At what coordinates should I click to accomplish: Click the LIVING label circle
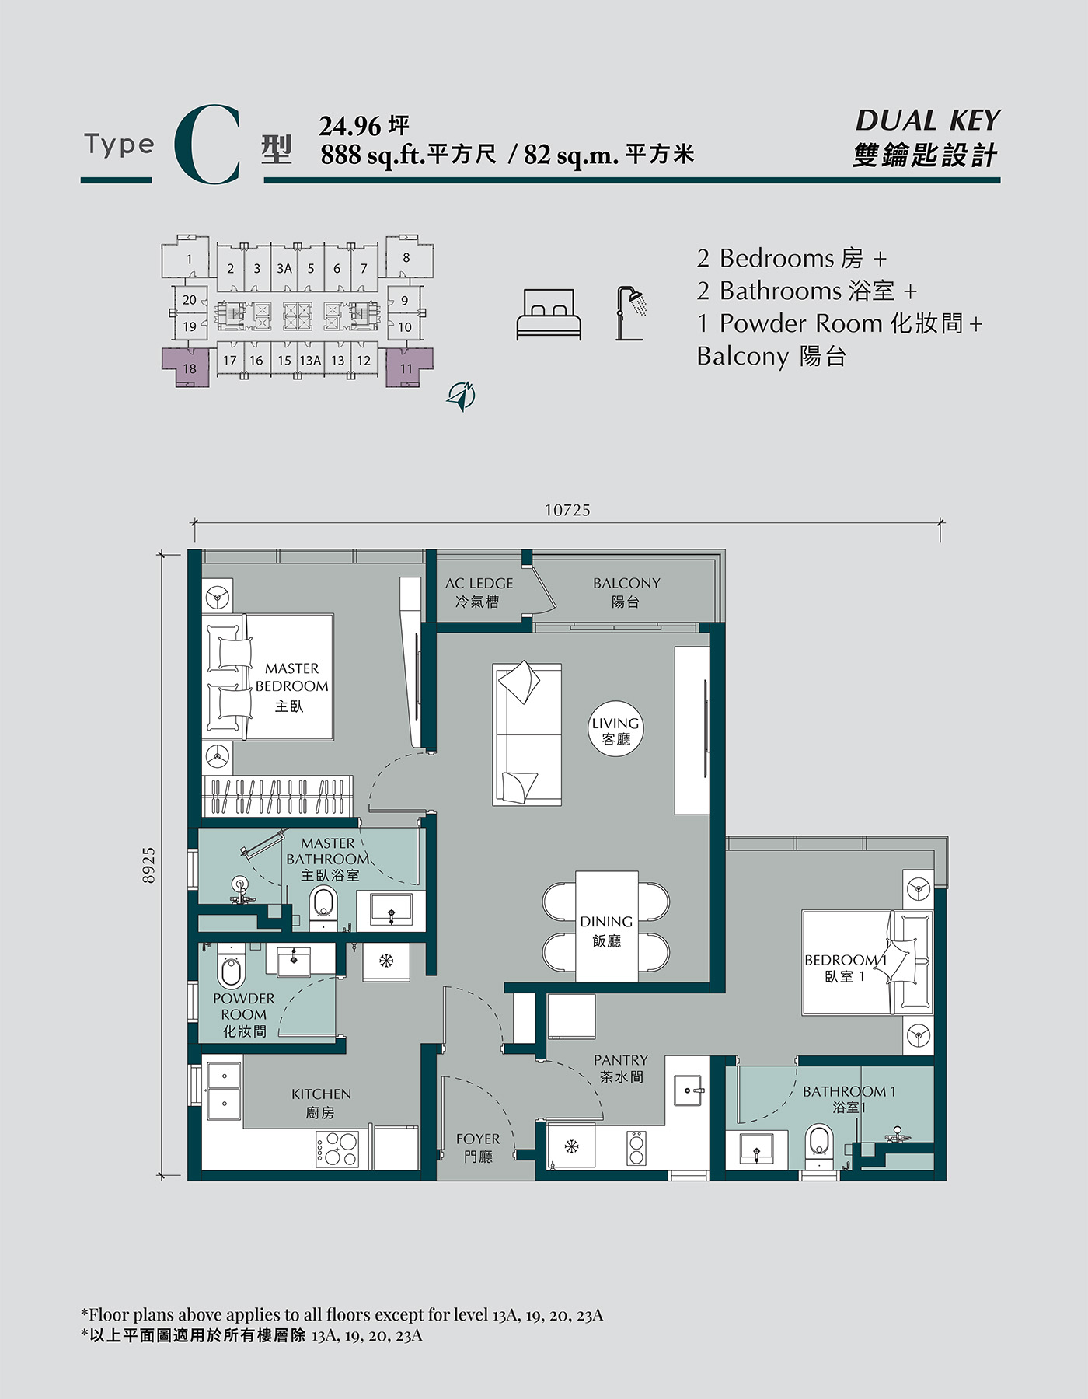pos(615,730)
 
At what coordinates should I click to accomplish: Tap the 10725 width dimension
pos(567,510)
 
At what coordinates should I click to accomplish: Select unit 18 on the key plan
pos(188,368)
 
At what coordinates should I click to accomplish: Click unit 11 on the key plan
pos(408,368)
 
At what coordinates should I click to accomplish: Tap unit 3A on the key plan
pos(284,268)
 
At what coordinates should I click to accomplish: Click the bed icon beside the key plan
pos(549,315)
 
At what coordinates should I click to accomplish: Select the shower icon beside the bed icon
pos(631,313)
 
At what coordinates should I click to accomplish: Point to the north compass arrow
pos(462,396)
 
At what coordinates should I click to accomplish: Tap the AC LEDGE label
pos(479,591)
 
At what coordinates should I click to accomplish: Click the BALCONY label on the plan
pos(626,591)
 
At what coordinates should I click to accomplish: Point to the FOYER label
pos(478,1147)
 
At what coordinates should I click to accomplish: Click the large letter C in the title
pos(207,146)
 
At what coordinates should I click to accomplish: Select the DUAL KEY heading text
pos(928,120)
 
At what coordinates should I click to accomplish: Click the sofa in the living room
pos(527,734)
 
